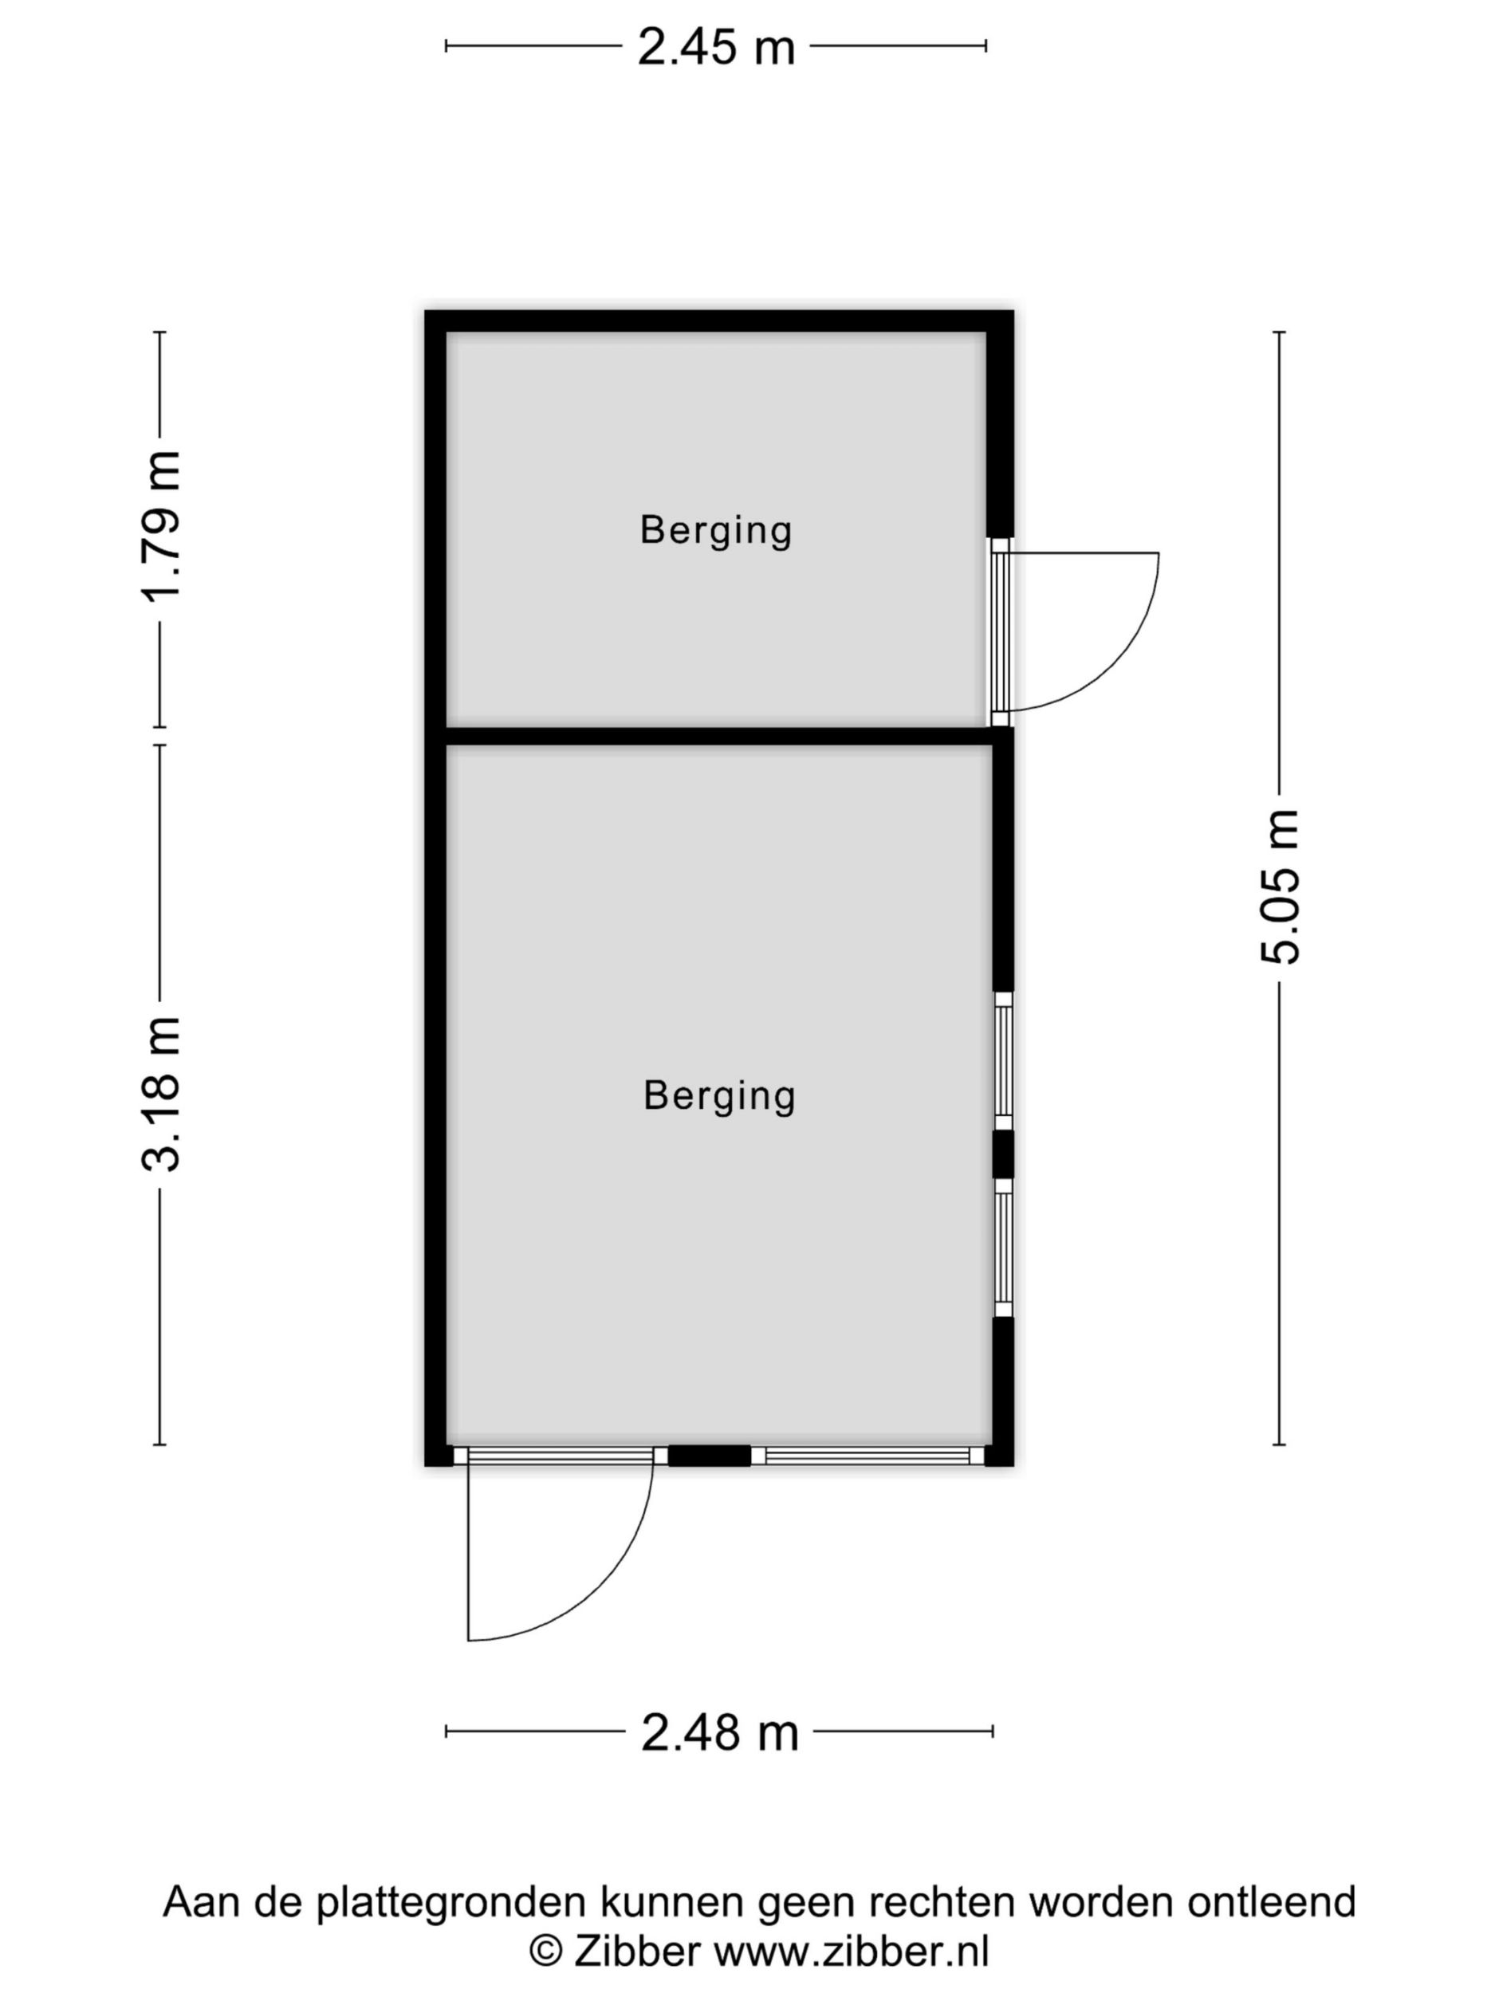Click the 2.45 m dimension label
tap(717, 47)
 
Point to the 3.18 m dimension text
tap(161, 1094)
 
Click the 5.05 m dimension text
tap(1280, 887)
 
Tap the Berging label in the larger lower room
tap(720, 1095)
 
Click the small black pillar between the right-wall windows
tap(1003, 1155)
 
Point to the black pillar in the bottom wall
tap(709, 1455)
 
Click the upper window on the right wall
tap(1003, 1061)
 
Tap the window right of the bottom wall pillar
tap(867, 1456)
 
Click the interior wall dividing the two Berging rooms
tap(720, 736)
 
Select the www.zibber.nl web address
tap(852, 1952)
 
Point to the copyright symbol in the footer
tap(545, 1953)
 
